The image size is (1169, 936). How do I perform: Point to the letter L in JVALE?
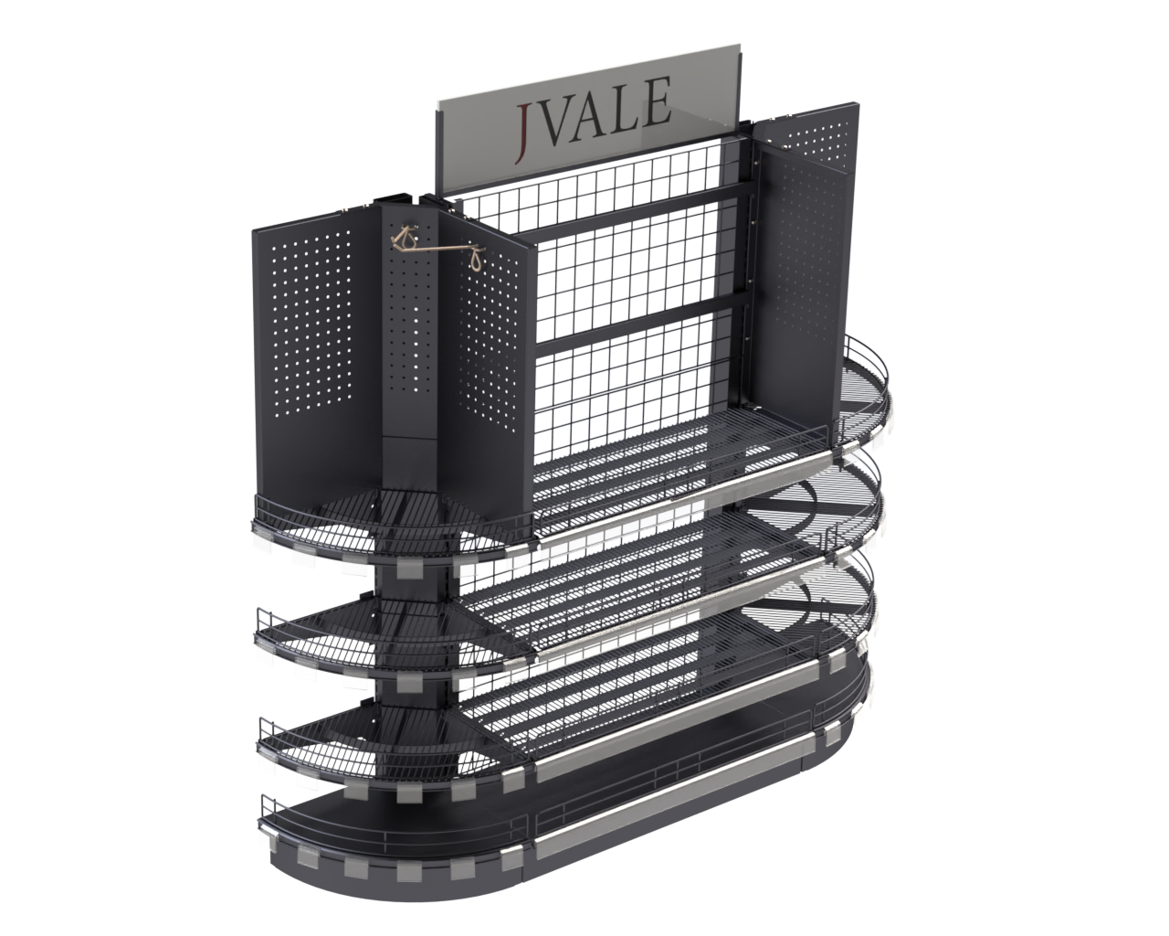pos(633,104)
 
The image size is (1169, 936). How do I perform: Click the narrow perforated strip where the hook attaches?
pos(416,329)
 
